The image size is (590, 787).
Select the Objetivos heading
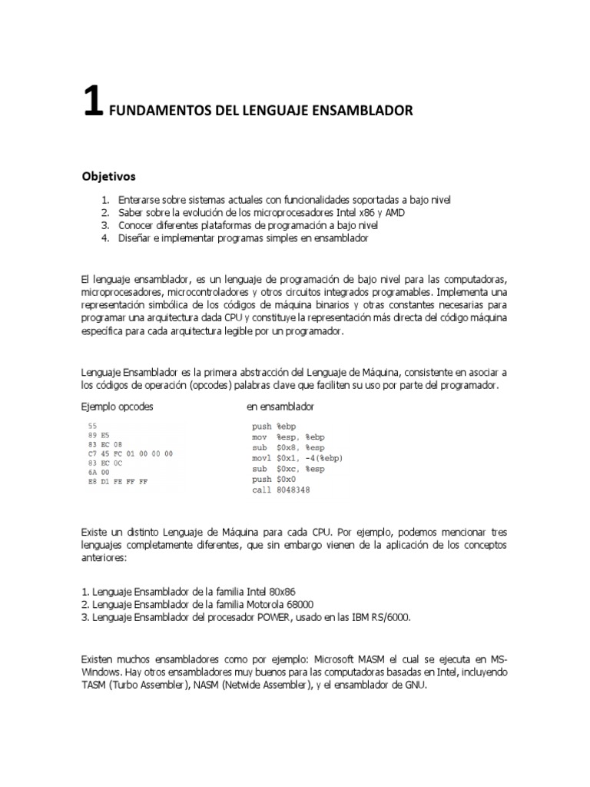[x=109, y=175]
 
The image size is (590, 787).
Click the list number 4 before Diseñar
[x=105, y=238]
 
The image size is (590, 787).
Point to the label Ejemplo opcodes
[x=117, y=406]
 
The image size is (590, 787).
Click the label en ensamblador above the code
[x=280, y=406]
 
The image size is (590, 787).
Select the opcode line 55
[x=93, y=425]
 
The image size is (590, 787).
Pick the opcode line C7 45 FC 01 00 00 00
[x=131, y=453]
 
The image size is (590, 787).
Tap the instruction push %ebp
[x=274, y=426]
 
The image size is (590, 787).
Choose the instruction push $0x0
[x=274, y=479]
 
